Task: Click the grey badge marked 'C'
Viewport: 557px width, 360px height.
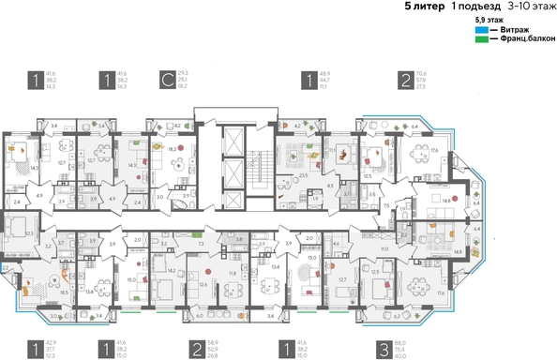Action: pyautogui.click(x=167, y=80)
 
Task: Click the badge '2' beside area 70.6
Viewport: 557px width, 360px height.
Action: pyautogui.click(x=403, y=80)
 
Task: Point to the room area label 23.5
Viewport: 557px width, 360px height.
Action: pyautogui.click(x=304, y=174)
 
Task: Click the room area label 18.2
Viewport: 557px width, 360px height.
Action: pyautogui.click(x=173, y=148)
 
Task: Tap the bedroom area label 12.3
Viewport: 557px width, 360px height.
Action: pyautogui.click(x=29, y=233)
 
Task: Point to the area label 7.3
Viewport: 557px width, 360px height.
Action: pyautogui.click(x=202, y=243)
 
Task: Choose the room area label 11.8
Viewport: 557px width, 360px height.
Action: pyautogui.click(x=232, y=274)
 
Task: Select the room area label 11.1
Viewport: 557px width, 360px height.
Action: pyautogui.click(x=332, y=149)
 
